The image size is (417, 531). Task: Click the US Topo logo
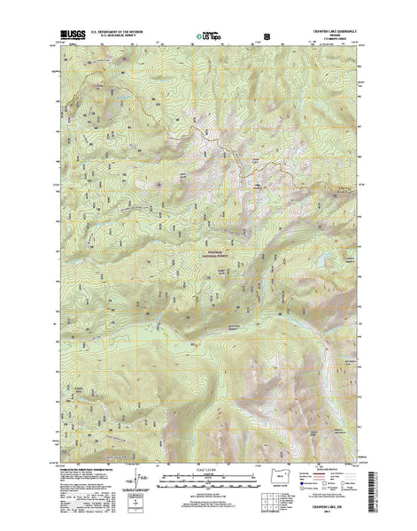click(x=209, y=38)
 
